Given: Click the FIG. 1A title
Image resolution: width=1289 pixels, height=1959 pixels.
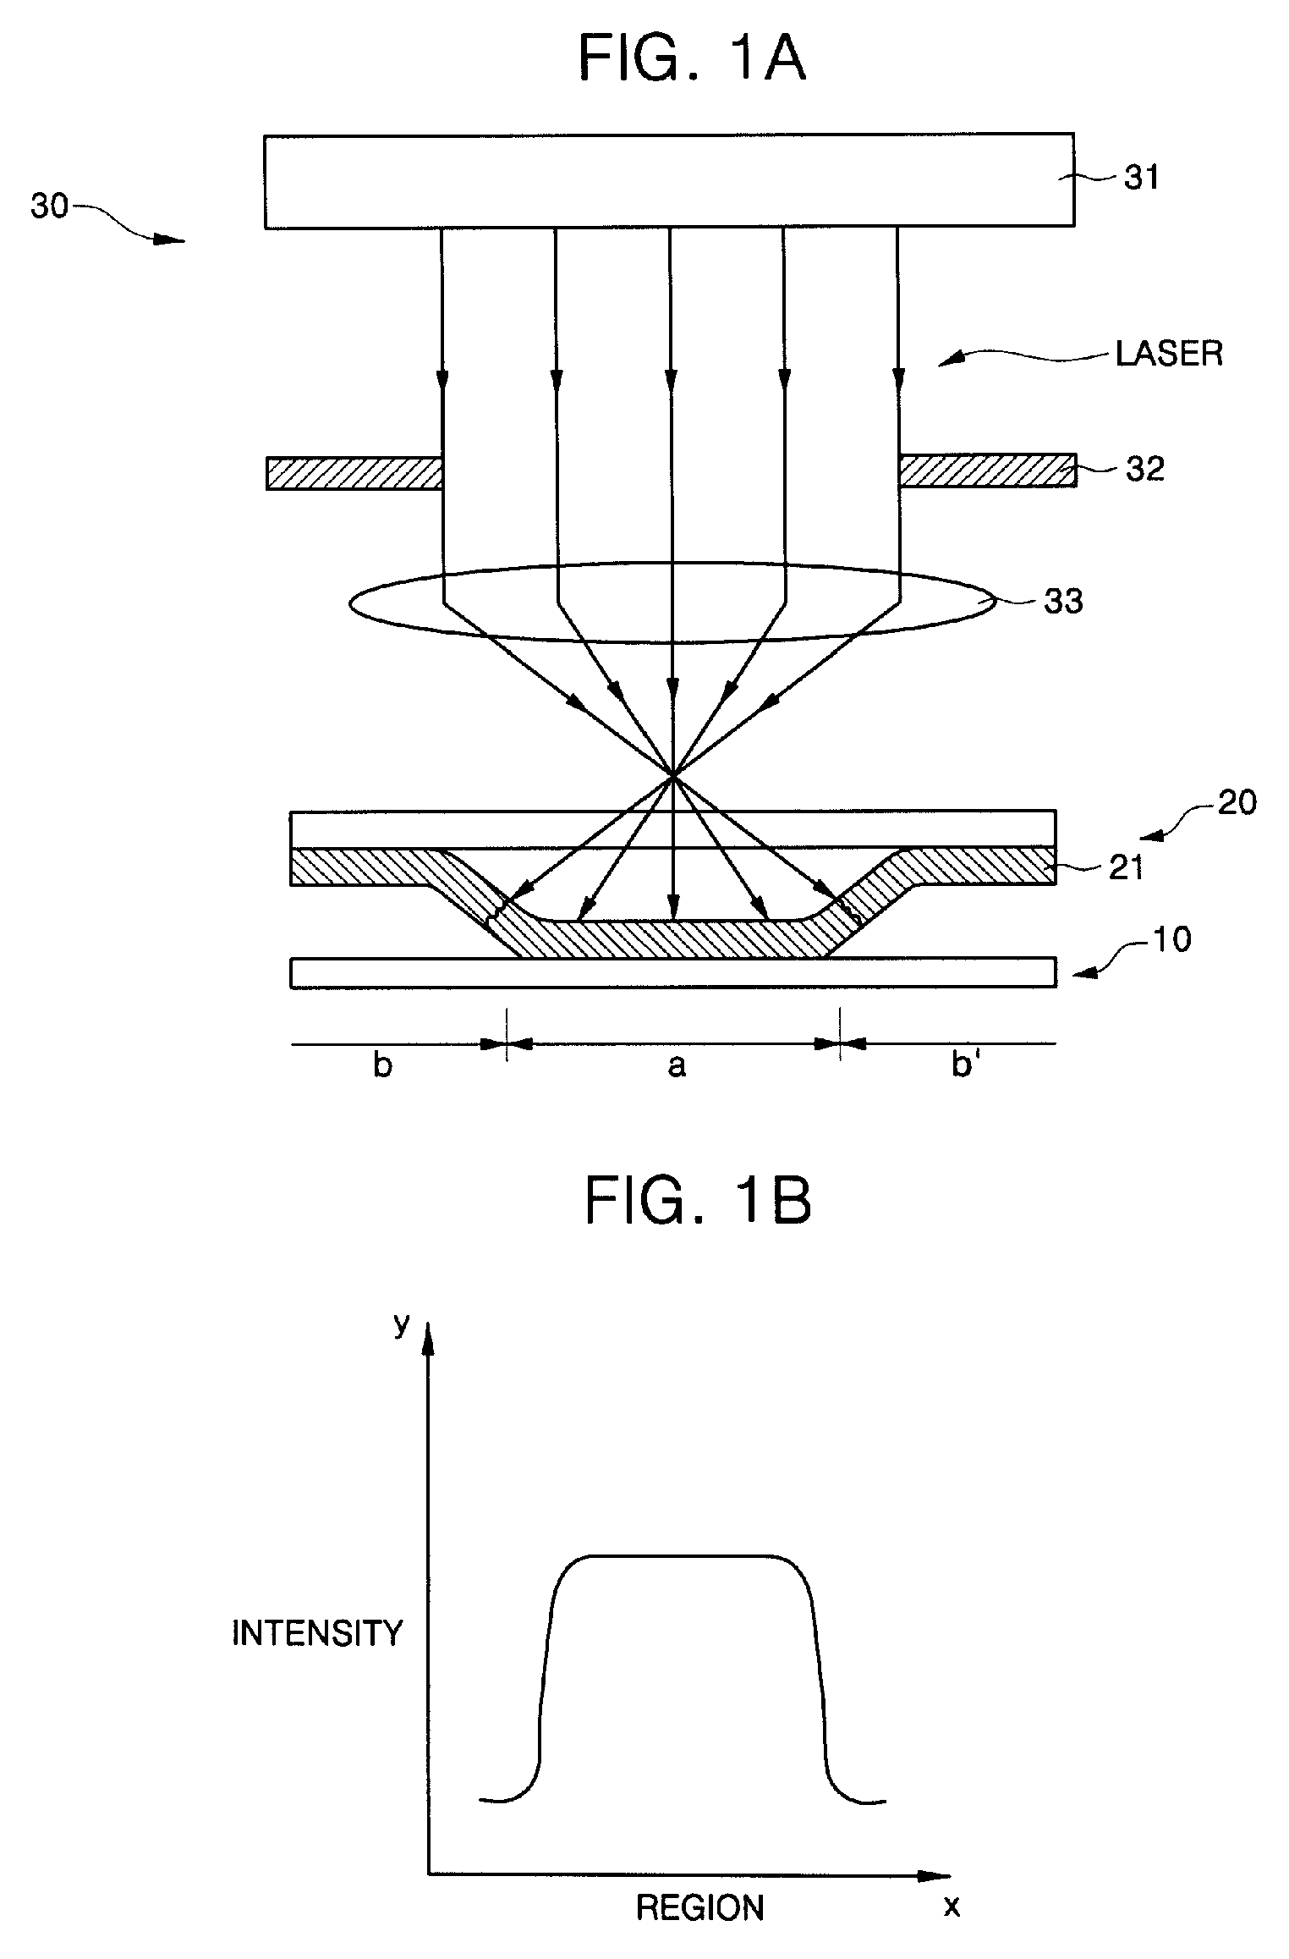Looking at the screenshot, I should [x=692, y=59].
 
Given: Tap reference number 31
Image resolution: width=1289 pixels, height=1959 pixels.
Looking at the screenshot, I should [x=1141, y=179].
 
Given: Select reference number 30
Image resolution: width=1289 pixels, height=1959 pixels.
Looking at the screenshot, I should [x=49, y=206].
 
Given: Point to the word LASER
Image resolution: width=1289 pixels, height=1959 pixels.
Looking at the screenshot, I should [x=1169, y=354].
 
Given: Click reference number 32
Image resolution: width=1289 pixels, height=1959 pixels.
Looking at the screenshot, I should [x=1144, y=470].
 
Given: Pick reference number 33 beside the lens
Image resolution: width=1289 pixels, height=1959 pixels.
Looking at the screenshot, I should [x=1063, y=602].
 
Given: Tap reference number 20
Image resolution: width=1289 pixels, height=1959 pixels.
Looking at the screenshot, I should [x=1237, y=802].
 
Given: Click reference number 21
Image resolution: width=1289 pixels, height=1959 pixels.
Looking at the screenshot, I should [x=1126, y=867].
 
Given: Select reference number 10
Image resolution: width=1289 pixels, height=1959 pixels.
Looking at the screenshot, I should [x=1172, y=939].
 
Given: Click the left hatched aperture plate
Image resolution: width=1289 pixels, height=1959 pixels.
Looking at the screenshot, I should [x=354, y=473].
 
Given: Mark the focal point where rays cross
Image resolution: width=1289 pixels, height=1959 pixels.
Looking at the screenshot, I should [x=672, y=774].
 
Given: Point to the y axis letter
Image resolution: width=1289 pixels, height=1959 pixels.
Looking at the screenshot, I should [x=402, y=1324].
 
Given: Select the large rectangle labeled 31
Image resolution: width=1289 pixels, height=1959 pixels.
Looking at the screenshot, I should [x=668, y=180].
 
